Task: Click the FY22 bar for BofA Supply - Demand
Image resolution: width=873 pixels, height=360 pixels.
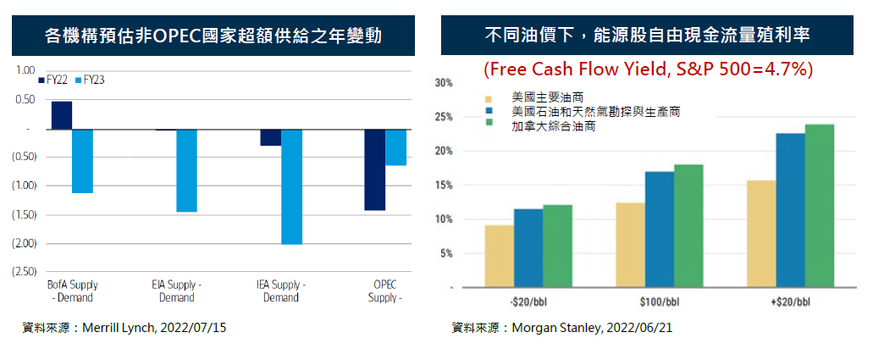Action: click(62, 115)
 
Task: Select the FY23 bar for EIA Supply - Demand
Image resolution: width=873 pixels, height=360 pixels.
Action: click(186, 170)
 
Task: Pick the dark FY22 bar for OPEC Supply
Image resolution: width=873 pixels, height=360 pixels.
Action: click(374, 169)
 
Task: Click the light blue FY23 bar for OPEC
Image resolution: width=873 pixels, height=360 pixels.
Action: click(395, 147)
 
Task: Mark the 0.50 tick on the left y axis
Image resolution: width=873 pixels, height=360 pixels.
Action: click(25, 100)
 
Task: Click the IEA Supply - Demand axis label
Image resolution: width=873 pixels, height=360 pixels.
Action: click(281, 291)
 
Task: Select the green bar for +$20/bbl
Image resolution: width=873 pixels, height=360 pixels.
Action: click(820, 206)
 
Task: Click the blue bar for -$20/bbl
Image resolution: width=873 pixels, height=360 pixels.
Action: click(528, 248)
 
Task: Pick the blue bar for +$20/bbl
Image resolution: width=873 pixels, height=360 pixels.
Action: click(790, 210)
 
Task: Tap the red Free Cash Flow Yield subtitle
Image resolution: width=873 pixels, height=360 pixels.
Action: click(648, 69)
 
